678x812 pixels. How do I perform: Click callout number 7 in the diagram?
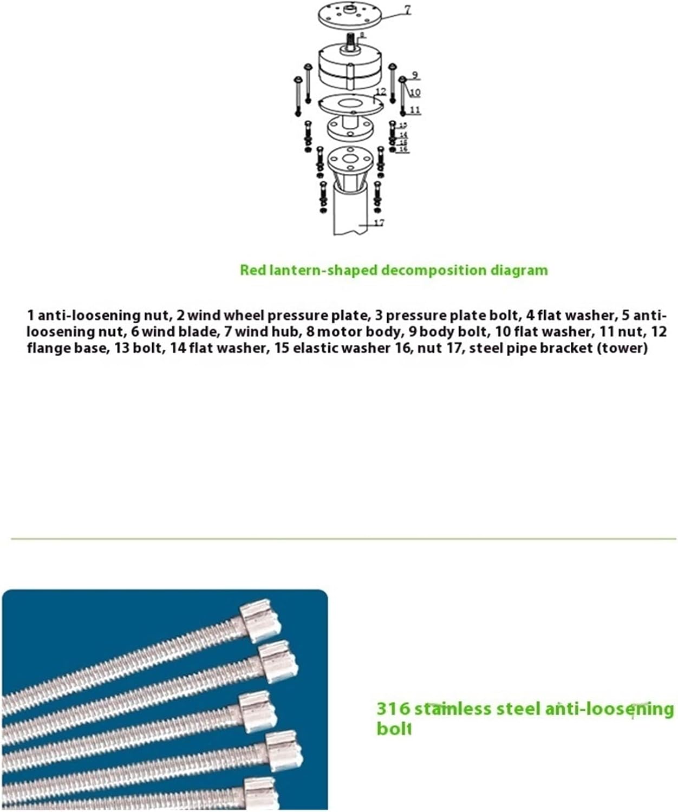pyautogui.click(x=407, y=9)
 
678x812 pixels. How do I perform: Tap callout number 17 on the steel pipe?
pyautogui.click(x=379, y=222)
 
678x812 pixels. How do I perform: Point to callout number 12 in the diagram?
pyautogui.click(x=381, y=91)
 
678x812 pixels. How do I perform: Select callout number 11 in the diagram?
pyautogui.click(x=415, y=110)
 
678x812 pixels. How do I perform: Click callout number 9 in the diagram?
pyautogui.click(x=415, y=75)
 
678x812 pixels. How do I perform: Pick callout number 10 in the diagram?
pyautogui.click(x=415, y=93)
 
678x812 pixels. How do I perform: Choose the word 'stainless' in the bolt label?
pyautogui.click(x=451, y=709)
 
